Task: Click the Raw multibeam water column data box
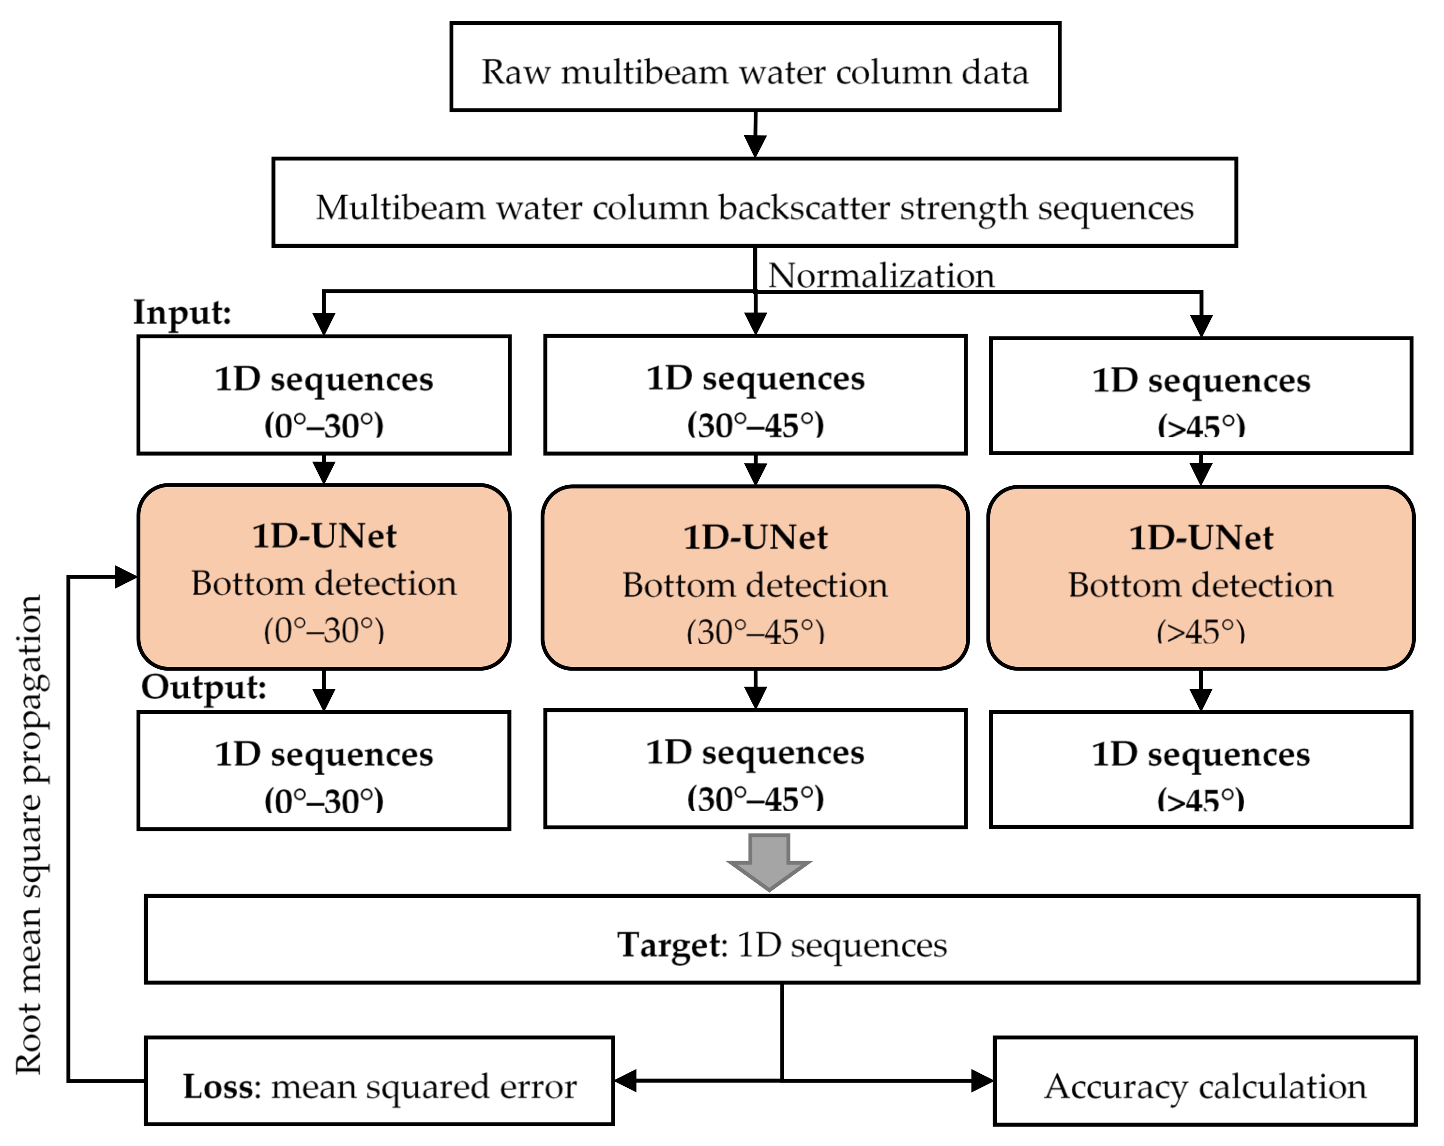pyautogui.click(x=755, y=67)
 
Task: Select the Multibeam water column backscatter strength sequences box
pyautogui.click(x=754, y=202)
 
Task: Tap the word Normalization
pyautogui.click(x=881, y=275)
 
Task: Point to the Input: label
pyautogui.click(x=182, y=312)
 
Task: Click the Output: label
pyautogui.click(x=204, y=687)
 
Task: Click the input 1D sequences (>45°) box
pyautogui.click(x=1200, y=396)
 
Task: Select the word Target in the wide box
pyautogui.click(x=670, y=945)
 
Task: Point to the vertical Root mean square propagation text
pyautogui.click(x=30, y=834)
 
